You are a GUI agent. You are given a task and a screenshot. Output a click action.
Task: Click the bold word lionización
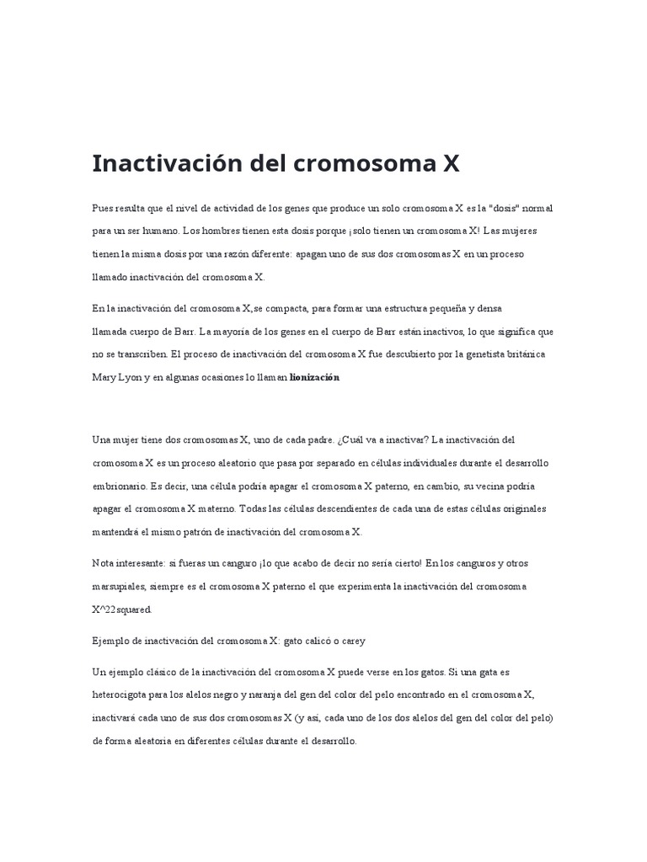pyautogui.click(x=314, y=377)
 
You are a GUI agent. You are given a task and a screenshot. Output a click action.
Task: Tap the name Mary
pyautogui.click(x=105, y=377)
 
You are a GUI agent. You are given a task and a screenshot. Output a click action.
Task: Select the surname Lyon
pyautogui.click(x=131, y=377)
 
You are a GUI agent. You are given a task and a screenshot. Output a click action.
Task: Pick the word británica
pyautogui.click(x=526, y=354)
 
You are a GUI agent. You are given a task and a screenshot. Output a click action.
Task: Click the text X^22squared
pyautogui.click(x=122, y=609)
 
